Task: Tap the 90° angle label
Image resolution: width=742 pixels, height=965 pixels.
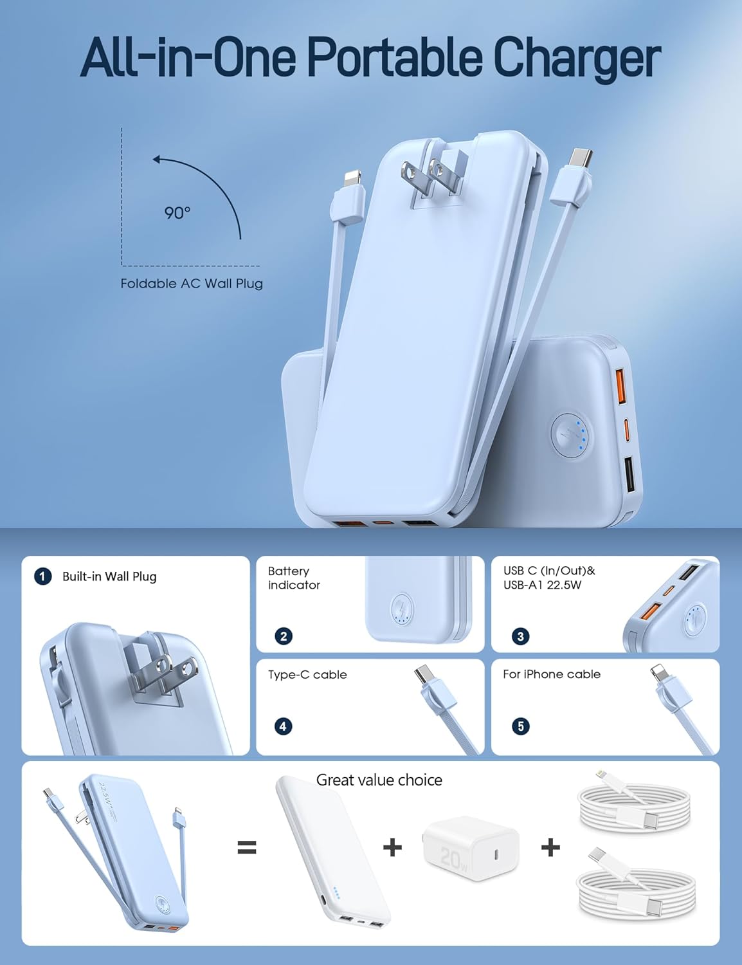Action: [x=177, y=212]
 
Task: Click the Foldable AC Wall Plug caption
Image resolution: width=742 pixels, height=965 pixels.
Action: [x=192, y=284]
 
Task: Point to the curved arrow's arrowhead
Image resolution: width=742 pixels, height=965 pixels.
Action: [x=156, y=159]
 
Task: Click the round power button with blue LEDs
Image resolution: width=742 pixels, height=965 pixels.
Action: [x=571, y=437]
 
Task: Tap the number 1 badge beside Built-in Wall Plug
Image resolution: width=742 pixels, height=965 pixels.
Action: [x=42, y=576]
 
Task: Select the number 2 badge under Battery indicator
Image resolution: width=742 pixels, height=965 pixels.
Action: [x=284, y=636]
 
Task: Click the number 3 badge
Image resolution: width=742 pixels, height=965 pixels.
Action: [x=520, y=636]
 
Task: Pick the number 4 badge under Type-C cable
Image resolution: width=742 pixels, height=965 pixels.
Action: [x=284, y=726]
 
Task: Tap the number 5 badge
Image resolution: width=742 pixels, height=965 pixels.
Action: [x=520, y=726]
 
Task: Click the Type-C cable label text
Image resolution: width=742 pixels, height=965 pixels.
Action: [x=307, y=674]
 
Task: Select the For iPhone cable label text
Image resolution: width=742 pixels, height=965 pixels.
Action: [x=552, y=674]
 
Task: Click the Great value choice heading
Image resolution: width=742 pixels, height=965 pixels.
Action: [x=379, y=780]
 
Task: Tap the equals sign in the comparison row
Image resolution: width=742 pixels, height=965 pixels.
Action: [x=247, y=847]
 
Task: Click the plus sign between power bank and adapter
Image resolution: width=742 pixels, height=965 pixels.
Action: [x=392, y=847]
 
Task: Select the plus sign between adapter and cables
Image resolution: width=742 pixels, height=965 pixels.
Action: [x=550, y=847]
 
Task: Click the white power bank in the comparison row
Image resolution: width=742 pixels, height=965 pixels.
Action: [x=332, y=849]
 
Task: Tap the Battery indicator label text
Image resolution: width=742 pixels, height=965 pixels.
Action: [x=294, y=578]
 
